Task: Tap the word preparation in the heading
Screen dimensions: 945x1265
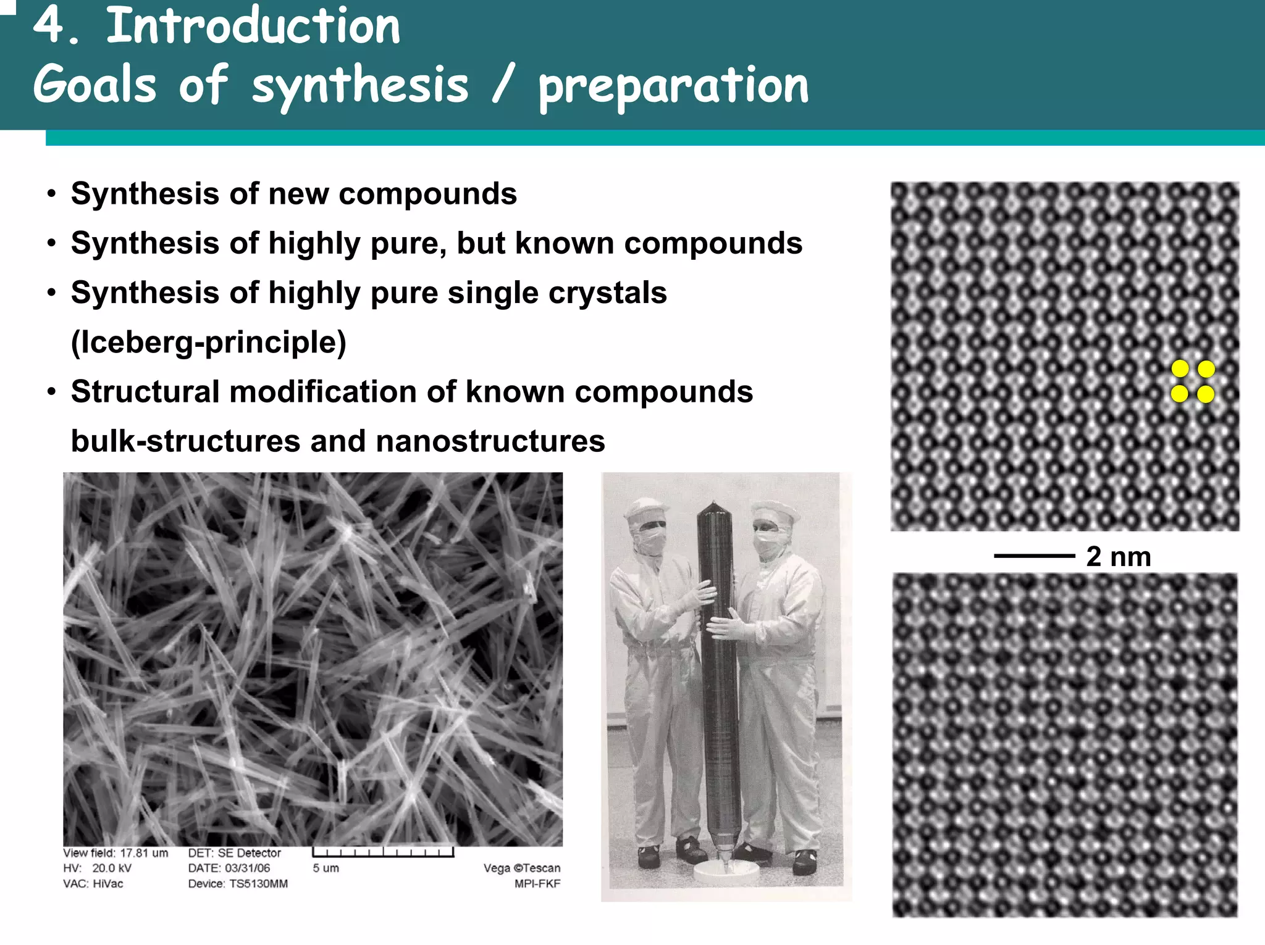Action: click(673, 86)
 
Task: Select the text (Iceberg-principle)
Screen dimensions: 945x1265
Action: click(209, 343)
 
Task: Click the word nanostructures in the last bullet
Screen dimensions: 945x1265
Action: click(490, 441)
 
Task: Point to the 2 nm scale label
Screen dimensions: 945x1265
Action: click(1119, 557)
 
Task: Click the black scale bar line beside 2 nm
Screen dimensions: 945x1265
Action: click(1034, 556)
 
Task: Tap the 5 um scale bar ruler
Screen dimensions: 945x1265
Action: click(383, 852)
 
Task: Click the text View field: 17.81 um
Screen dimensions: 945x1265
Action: click(116, 853)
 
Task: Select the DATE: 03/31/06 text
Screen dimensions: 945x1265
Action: click(229, 868)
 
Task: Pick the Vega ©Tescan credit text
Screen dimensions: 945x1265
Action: click(522, 868)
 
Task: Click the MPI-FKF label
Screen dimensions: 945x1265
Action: click(537, 884)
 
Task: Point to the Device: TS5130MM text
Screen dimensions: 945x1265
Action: click(238, 884)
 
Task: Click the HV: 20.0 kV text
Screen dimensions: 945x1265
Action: click(97, 868)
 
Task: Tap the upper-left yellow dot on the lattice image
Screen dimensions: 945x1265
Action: click(1180, 369)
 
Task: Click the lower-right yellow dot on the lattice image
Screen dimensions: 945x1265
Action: click(1206, 394)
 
